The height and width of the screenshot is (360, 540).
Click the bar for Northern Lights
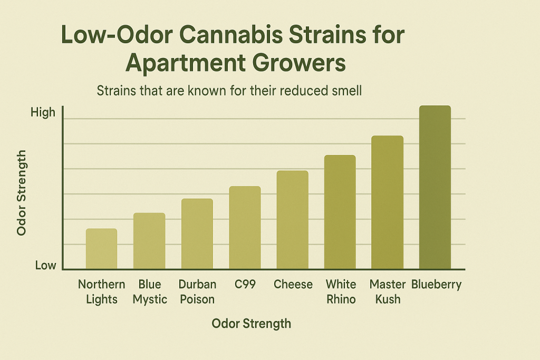[x=101, y=249]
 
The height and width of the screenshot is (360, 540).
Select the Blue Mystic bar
[x=149, y=241]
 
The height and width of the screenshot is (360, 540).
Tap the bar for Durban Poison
[x=197, y=234]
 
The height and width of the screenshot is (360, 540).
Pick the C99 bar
[x=245, y=228]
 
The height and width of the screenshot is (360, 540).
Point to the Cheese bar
[x=292, y=220]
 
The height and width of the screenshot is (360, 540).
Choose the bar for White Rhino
[x=340, y=212]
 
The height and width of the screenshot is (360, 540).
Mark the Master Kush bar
[x=387, y=202]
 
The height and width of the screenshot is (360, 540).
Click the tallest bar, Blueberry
[x=435, y=187]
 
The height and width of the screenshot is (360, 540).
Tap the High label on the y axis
[x=43, y=112]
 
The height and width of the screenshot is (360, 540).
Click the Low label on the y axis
[x=45, y=265]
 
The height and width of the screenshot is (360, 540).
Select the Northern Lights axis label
[x=101, y=292]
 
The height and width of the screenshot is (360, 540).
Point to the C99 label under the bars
[x=245, y=285]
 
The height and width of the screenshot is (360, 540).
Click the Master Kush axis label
[x=388, y=292]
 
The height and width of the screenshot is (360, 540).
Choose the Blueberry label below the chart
[x=436, y=285]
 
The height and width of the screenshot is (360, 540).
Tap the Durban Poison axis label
[x=197, y=292]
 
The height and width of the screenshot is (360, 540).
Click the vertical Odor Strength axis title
[x=22, y=192]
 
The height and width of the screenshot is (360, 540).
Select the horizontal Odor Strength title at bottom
[x=251, y=323]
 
